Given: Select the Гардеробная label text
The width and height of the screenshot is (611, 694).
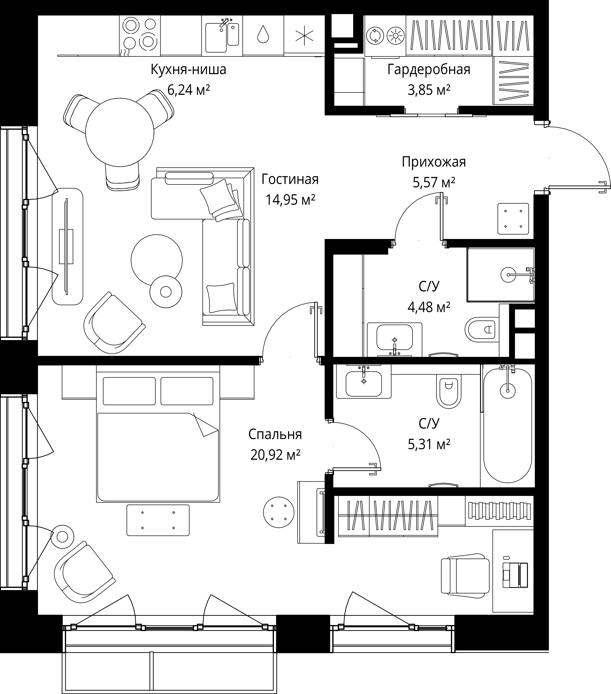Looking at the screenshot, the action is point(429,70).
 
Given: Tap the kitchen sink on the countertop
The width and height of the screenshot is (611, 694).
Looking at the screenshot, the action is point(222,36).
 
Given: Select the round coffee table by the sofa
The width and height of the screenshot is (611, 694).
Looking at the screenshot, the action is point(157,260).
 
